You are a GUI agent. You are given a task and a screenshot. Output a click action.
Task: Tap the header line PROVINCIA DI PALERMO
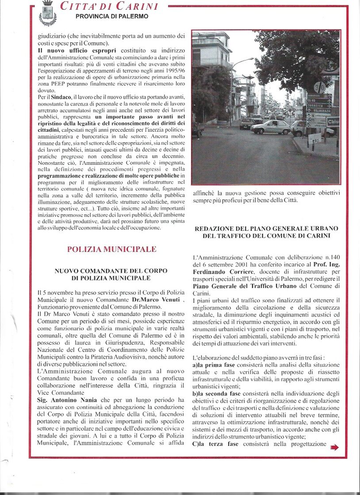(112, 16)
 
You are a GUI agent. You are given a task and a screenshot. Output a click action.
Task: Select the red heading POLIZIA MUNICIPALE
(111, 249)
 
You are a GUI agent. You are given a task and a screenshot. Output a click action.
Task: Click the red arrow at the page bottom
(334, 448)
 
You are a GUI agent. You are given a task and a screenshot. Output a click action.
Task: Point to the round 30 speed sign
(319, 88)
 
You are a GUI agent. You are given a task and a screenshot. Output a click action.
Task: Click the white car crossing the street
(270, 127)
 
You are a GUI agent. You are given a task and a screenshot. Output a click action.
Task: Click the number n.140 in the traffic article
(330, 257)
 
